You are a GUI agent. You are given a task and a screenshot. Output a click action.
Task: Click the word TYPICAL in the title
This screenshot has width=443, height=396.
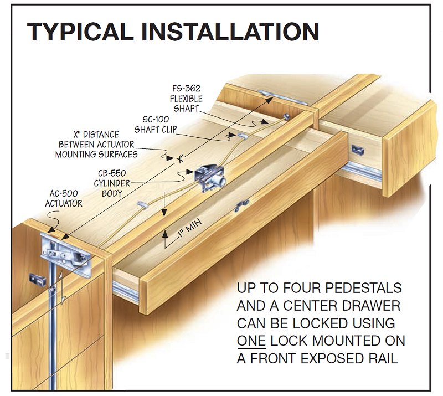[x=80, y=32]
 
